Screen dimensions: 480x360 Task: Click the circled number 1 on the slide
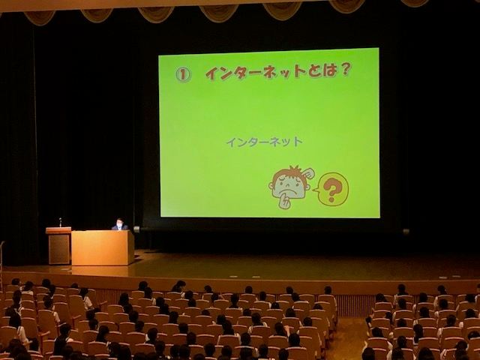[183, 73]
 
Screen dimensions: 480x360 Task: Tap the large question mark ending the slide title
[344, 70]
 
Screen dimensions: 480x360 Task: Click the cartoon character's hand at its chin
[284, 202]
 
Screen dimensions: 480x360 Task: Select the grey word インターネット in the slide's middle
[265, 142]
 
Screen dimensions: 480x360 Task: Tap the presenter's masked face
[119, 225]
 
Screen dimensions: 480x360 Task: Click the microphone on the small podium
[60, 222]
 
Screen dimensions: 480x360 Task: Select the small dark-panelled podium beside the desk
[59, 245]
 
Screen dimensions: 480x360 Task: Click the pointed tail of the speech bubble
[315, 190]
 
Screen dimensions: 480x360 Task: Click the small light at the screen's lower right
[406, 232]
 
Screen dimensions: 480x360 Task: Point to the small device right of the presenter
[136, 229]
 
